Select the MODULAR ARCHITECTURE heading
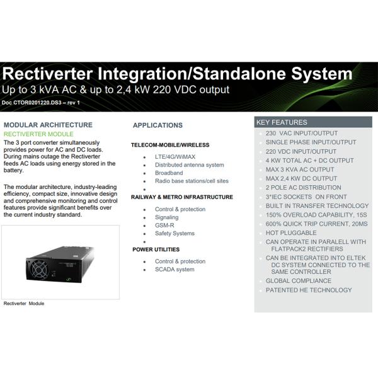[x=48, y=125]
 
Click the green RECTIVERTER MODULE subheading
[x=39, y=134]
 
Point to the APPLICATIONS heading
[x=157, y=125]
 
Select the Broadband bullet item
[x=169, y=173]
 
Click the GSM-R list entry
[x=166, y=225]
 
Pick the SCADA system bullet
[x=175, y=270]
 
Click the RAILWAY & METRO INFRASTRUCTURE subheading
[x=181, y=197]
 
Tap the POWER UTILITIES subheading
[x=156, y=249]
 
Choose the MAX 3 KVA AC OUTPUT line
[x=300, y=169]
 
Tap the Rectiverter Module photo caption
[x=24, y=303]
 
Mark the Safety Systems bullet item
[x=175, y=233]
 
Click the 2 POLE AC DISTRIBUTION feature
[x=303, y=188]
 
